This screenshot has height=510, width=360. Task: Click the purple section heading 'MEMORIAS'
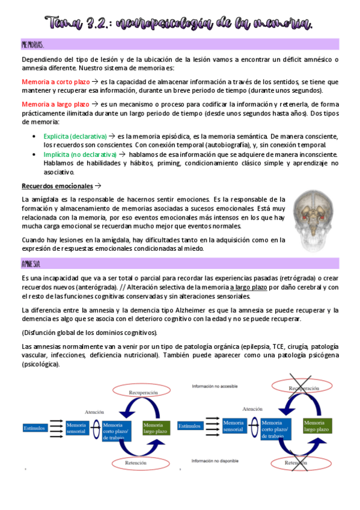point(32,45)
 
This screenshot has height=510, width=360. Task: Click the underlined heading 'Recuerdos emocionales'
point(57,186)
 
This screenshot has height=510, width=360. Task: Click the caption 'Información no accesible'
point(216,386)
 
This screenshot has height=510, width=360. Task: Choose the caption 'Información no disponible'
point(217,461)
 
